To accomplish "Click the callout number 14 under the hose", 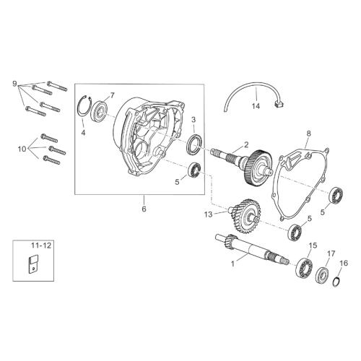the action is click(x=256, y=106).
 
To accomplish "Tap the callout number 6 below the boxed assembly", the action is click(x=144, y=209).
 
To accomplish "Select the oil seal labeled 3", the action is click(x=195, y=144).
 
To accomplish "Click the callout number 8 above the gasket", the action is click(x=309, y=133).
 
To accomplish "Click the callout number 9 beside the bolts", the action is click(x=15, y=84).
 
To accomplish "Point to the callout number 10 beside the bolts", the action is click(x=22, y=149).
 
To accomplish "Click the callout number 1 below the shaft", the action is click(x=232, y=264).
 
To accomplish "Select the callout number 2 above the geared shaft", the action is click(x=245, y=144).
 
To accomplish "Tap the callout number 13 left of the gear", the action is click(x=209, y=214).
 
